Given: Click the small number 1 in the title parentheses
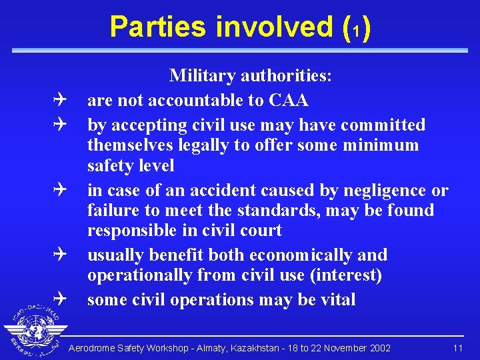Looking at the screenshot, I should (x=355, y=30).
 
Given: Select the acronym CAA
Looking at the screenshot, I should (x=288, y=101).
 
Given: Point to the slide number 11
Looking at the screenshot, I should (x=457, y=349).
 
